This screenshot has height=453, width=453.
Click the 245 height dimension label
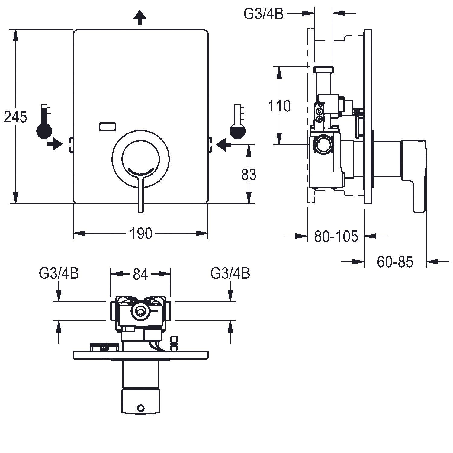(x=15, y=117)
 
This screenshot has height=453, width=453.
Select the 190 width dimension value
(x=141, y=233)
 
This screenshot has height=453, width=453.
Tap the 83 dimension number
(x=249, y=175)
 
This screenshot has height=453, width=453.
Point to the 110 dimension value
(x=279, y=106)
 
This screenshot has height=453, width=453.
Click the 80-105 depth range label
(x=336, y=236)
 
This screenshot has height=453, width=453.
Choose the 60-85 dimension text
(x=395, y=262)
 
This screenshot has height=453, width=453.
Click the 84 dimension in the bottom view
(x=140, y=274)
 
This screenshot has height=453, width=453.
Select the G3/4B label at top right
(x=264, y=14)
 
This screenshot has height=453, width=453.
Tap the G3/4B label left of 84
(x=59, y=273)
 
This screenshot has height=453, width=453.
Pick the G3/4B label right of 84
(x=230, y=273)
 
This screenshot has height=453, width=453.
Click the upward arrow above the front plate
(x=140, y=18)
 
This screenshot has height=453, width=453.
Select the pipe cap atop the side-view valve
(x=323, y=70)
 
